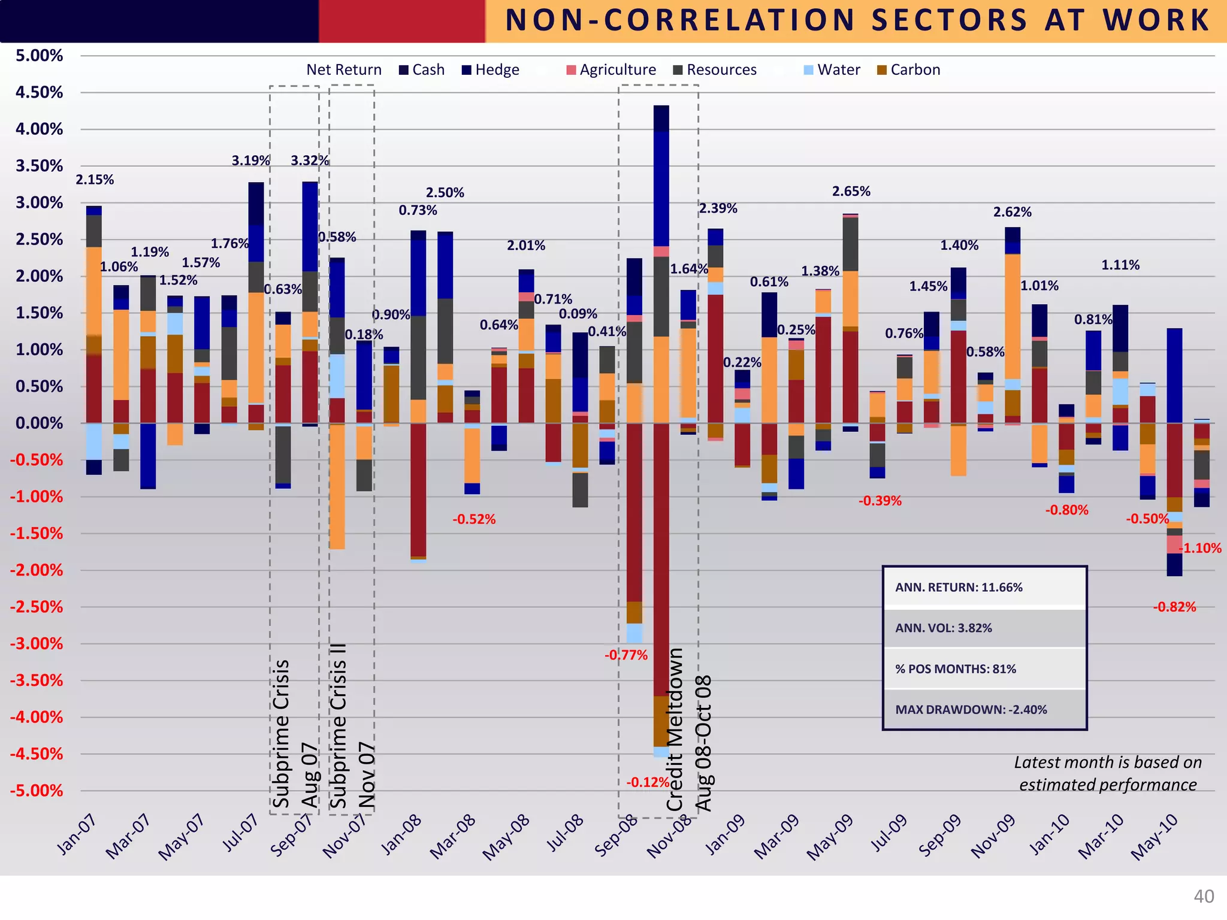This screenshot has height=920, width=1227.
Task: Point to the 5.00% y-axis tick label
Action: (x=40, y=56)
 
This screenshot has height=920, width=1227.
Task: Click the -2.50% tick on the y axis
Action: (x=36, y=607)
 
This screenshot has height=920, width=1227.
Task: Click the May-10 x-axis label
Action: (x=1154, y=837)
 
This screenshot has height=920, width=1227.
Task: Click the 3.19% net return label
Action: (x=250, y=161)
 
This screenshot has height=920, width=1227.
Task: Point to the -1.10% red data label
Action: (x=1200, y=548)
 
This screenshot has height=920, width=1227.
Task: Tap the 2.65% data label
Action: (x=851, y=192)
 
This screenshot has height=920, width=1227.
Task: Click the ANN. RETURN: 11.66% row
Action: (x=984, y=588)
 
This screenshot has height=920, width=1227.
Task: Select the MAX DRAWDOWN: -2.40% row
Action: (x=984, y=710)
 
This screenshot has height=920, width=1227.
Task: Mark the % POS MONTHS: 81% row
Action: (x=984, y=669)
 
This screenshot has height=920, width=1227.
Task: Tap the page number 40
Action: (x=1204, y=897)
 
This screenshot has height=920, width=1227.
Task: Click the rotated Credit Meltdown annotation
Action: (x=675, y=730)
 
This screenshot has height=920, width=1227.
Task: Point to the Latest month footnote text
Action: (x=1108, y=773)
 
